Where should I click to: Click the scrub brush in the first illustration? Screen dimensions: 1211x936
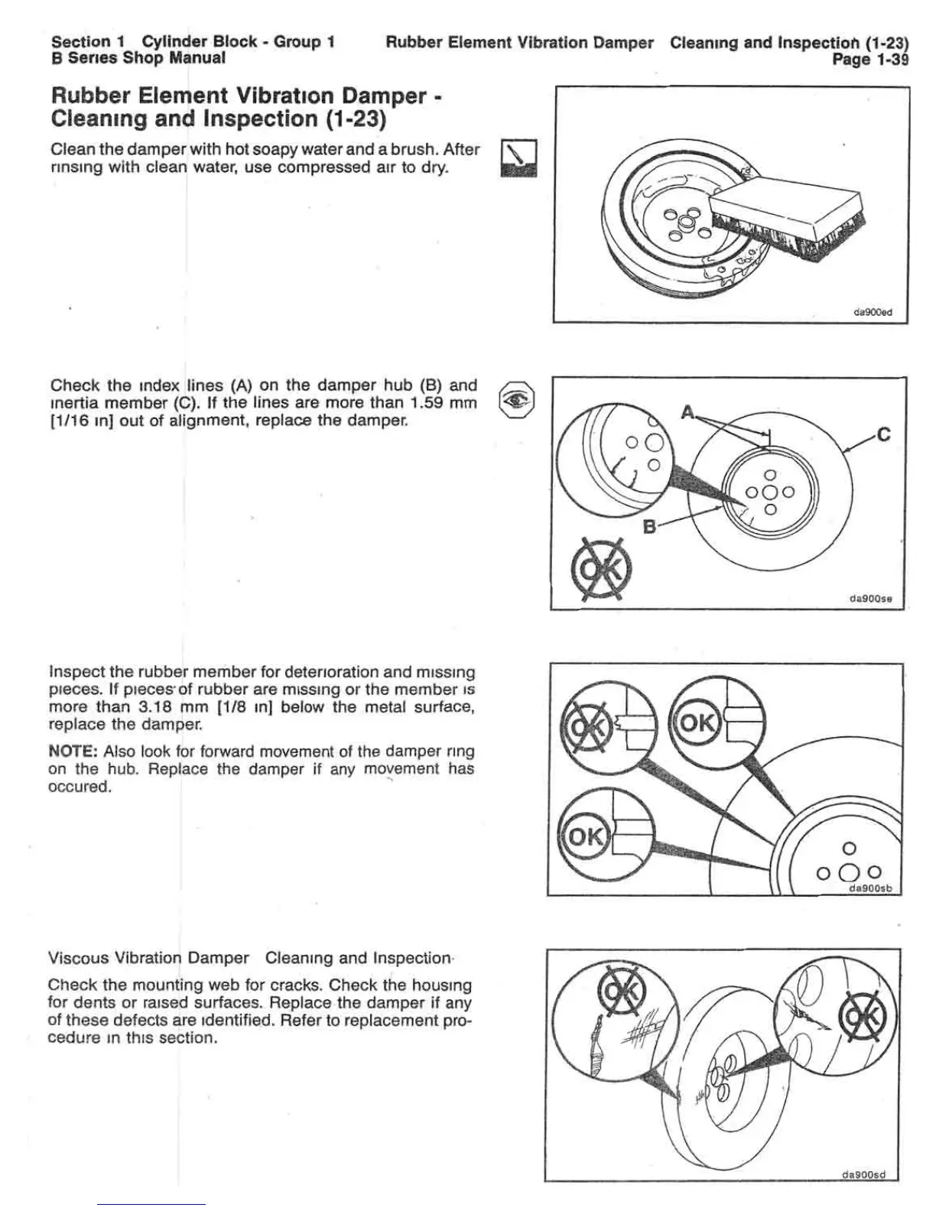click(x=788, y=219)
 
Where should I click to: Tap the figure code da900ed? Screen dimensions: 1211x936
click(x=872, y=312)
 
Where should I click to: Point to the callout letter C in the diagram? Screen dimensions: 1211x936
click(x=883, y=435)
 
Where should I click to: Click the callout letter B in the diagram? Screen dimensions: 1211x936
click(x=649, y=526)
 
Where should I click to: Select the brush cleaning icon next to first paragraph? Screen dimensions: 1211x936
click(x=518, y=159)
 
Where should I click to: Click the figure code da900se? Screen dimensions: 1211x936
click(x=871, y=599)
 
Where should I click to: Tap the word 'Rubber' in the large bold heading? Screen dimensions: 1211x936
click(x=93, y=97)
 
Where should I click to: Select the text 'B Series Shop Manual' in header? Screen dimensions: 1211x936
click(x=138, y=58)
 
